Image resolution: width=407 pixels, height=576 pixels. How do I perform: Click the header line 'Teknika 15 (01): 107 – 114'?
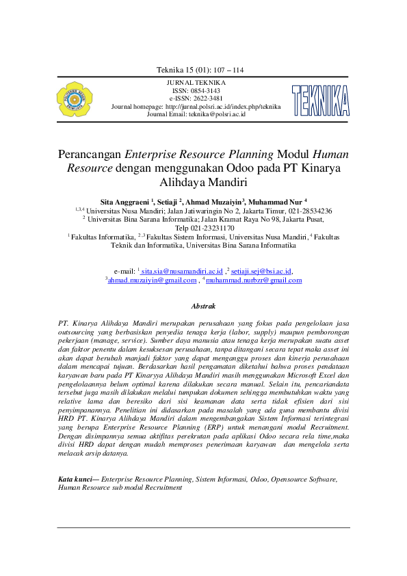[200, 70]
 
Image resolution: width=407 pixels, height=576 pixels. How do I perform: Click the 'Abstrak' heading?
[203, 308]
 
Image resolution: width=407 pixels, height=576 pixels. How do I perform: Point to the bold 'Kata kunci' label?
[77, 480]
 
